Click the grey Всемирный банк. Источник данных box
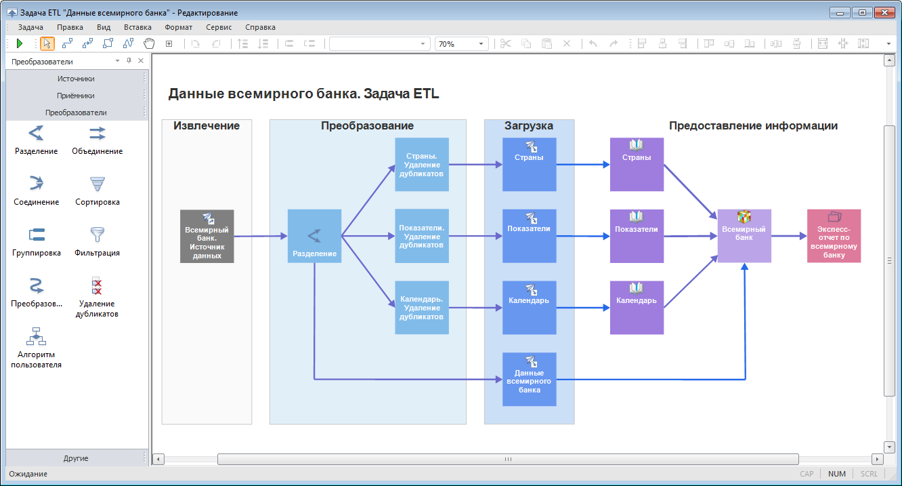(207, 237)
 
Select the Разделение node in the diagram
(314, 237)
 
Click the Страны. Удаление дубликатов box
(422, 165)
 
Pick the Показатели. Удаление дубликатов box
(422, 237)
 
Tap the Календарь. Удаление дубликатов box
(422, 308)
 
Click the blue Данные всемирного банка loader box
(529, 380)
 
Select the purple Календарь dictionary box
(637, 308)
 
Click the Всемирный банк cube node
(744, 237)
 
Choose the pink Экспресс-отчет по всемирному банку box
(834, 237)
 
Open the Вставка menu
(137, 27)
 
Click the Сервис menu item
(219, 27)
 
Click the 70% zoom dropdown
(461, 43)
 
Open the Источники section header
(76, 79)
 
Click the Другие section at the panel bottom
(76, 458)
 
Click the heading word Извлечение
(207, 126)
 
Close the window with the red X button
(884, 12)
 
